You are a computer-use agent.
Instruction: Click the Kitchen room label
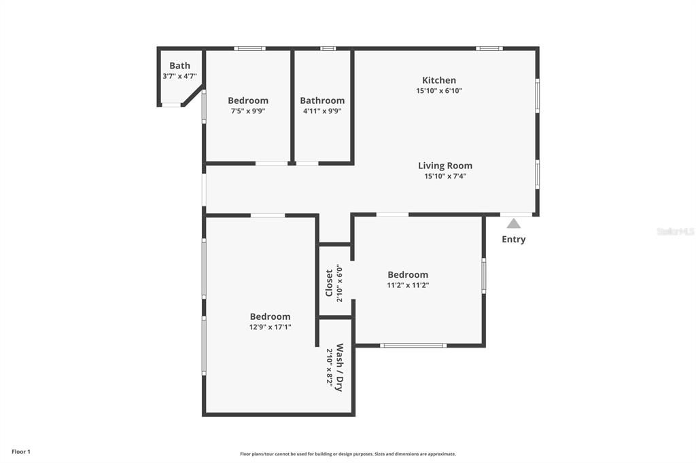439,80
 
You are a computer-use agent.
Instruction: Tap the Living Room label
445,166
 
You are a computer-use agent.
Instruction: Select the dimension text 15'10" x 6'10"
439,91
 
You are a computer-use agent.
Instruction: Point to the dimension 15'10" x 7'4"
445,177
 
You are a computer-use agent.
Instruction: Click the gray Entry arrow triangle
514,223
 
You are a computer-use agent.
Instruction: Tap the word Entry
513,239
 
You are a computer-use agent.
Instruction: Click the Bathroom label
322,100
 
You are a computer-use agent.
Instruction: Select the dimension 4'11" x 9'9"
322,111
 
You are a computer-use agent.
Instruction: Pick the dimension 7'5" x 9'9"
247,111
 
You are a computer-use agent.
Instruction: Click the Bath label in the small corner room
179,66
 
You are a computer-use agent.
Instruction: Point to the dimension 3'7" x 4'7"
179,77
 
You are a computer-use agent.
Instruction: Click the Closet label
329,282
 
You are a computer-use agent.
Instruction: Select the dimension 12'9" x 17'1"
270,327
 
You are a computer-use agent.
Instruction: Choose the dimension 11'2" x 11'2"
408,286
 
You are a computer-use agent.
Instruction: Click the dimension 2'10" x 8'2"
330,367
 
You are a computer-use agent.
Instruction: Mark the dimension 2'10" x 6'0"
340,282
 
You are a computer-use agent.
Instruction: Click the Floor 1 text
21,451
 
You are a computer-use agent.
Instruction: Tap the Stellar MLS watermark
675,231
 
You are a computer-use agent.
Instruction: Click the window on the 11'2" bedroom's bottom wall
413,346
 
